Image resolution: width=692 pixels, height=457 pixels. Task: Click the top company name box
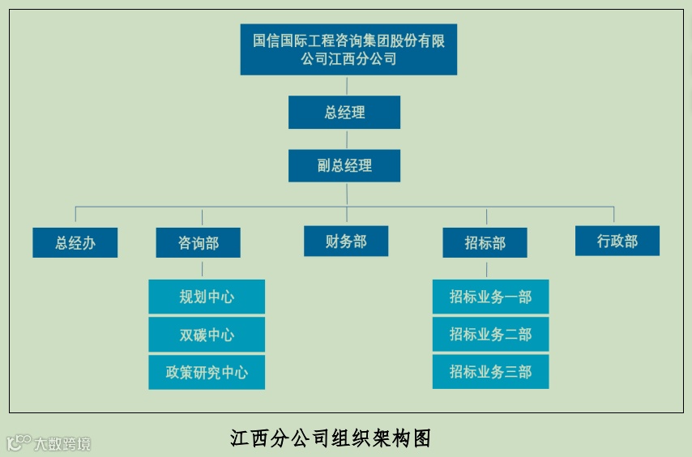348,49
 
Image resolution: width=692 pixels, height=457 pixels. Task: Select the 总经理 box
344,113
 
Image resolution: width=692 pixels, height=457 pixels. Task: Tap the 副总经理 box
344,166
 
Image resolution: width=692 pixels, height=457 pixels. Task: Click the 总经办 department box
75,242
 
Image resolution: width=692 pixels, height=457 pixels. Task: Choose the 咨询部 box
198,242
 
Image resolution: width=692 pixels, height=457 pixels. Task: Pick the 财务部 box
346,241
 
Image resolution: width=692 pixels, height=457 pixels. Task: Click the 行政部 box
617,241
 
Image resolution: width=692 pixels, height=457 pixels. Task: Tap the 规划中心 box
207,297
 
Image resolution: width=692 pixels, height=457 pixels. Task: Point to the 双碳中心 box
207,335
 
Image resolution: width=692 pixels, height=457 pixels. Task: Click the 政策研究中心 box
207,372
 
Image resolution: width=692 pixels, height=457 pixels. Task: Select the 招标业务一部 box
490,297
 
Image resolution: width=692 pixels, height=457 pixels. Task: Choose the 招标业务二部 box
490,335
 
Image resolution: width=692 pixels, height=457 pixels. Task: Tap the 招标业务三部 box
490,372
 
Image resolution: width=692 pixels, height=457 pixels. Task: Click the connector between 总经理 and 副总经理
346,139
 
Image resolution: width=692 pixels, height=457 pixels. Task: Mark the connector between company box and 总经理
346,85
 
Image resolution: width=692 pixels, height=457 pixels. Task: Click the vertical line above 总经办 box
75,215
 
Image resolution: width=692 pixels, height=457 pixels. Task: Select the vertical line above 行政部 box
613,215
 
